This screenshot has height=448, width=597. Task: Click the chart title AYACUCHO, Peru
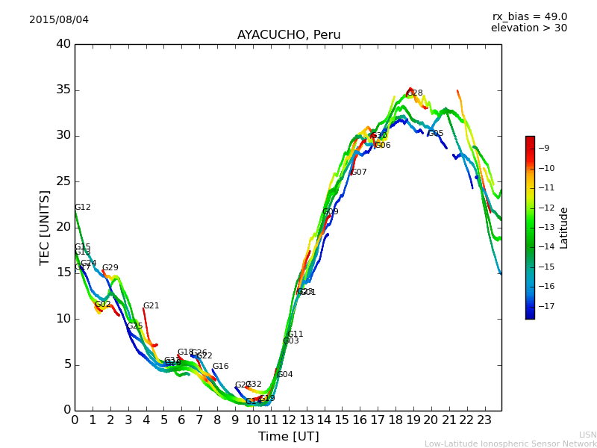pyautogui.click(x=289, y=35)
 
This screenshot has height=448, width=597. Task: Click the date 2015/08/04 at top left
pyautogui.click(x=59, y=20)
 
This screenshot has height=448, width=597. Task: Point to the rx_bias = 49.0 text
pyautogui.click(x=529, y=17)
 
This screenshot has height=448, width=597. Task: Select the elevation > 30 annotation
pyautogui.click(x=528, y=28)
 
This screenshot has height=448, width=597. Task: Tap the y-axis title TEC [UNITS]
pyautogui.click(x=45, y=227)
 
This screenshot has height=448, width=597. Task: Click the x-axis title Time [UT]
pyautogui.click(x=288, y=437)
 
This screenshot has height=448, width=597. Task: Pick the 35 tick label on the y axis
pyautogui.click(x=63, y=90)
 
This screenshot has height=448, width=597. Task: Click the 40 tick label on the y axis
pyautogui.click(x=63, y=44)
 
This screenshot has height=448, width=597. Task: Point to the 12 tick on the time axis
pyautogui.click(x=288, y=420)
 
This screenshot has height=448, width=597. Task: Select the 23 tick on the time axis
pyautogui.click(x=484, y=420)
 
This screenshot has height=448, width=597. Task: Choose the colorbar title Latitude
pyautogui.click(x=564, y=228)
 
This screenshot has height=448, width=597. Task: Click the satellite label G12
pyautogui.click(x=82, y=208)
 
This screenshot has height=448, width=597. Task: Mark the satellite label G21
pyautogui.click(x=151, y=306)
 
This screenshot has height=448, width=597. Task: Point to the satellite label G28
pyautogui.click(x=415, y=93)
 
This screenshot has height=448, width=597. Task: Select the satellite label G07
pyautogui.click(x=359, y=172)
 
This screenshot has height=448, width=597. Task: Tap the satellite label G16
pyautogui.click(x=221, y=367)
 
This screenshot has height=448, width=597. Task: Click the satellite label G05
pyautogui.click(x=436, y=134)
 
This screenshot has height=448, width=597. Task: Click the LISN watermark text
pyautogui.click(x=587, y=435)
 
